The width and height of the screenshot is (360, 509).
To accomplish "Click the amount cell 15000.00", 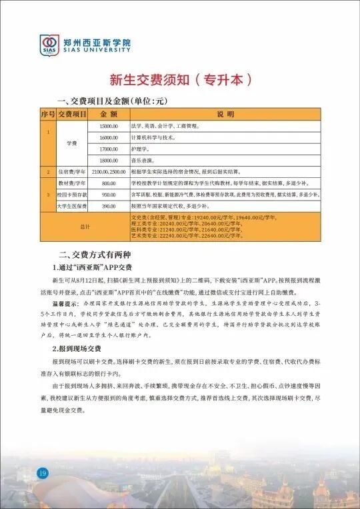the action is (x=108, y=125).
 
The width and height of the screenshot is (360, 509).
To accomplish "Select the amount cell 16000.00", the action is (x=108, y=137).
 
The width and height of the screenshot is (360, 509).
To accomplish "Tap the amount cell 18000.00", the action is (x=108, y=161).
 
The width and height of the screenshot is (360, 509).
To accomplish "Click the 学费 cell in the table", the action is (x=72, y=143).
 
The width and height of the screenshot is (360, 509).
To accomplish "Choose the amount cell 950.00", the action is (x=108, y=195).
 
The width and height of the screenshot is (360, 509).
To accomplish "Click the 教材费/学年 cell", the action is (x=72, y=183).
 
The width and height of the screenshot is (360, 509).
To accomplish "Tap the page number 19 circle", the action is (x=41, y=473).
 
